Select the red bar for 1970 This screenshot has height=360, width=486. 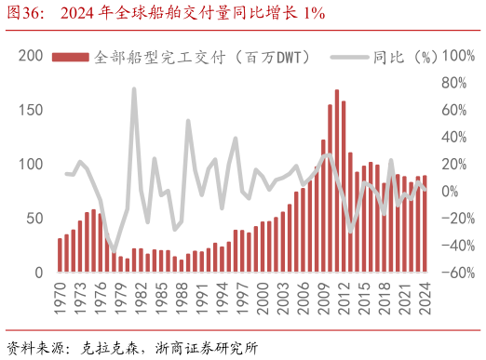click(60, 256)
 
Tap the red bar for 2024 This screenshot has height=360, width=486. click(425, 224)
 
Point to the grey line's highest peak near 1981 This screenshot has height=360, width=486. click(134, 89)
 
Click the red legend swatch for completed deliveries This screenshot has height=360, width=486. click(71, 58)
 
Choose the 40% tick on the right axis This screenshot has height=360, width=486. click(453, 138)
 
